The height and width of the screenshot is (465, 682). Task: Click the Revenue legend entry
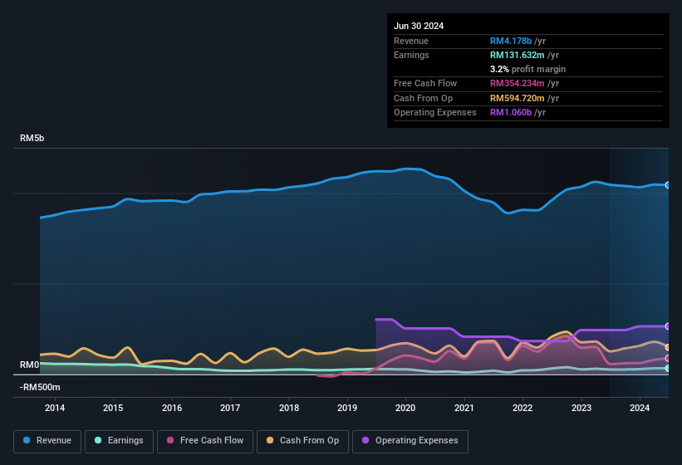(x=48, y=440)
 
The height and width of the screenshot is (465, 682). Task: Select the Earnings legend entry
(x=119, y=440)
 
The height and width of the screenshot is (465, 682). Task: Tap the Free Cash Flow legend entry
(x=205, y=440)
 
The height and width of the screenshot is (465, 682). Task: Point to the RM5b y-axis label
(x=32, y=139)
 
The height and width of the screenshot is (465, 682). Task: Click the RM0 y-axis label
(x=30, y=365)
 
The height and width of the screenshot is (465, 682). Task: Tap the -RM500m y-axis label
(x=40, y=387)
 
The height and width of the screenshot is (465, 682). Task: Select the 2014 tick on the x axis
(x=55, y=408)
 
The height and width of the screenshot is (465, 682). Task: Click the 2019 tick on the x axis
(x=347, y=408)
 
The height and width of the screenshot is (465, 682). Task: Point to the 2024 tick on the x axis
(x=640, y=408)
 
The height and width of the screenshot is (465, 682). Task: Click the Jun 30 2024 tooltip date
(x=419, y=26)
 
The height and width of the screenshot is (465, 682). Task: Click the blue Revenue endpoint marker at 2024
(x=668, y=185)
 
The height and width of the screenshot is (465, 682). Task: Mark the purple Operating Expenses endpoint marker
(x=668, y=326)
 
